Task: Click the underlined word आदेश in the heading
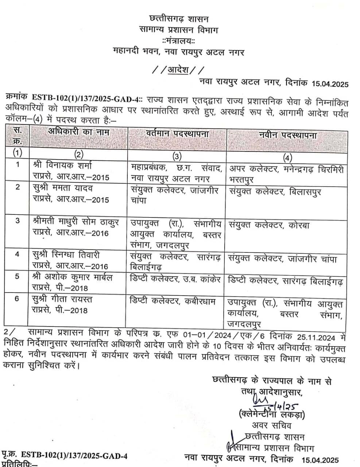(x=178, y=69)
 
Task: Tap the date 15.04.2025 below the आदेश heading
(x=330, y=84)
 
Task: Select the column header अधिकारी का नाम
(x=79, y=132)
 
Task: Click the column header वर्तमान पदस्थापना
(x=177, y=134)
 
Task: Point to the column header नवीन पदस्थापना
(x=288, y=135)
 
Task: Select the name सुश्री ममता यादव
(x=63, y=189)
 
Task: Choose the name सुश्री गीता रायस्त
(x=62, y=300)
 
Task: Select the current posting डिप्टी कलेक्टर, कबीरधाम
(x=173, y=301)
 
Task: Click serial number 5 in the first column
(x=17, y=277)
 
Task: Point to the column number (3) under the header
(x=177, y=156)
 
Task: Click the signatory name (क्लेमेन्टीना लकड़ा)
(x=272, y=414)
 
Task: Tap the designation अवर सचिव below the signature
(x=271, y=425)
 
